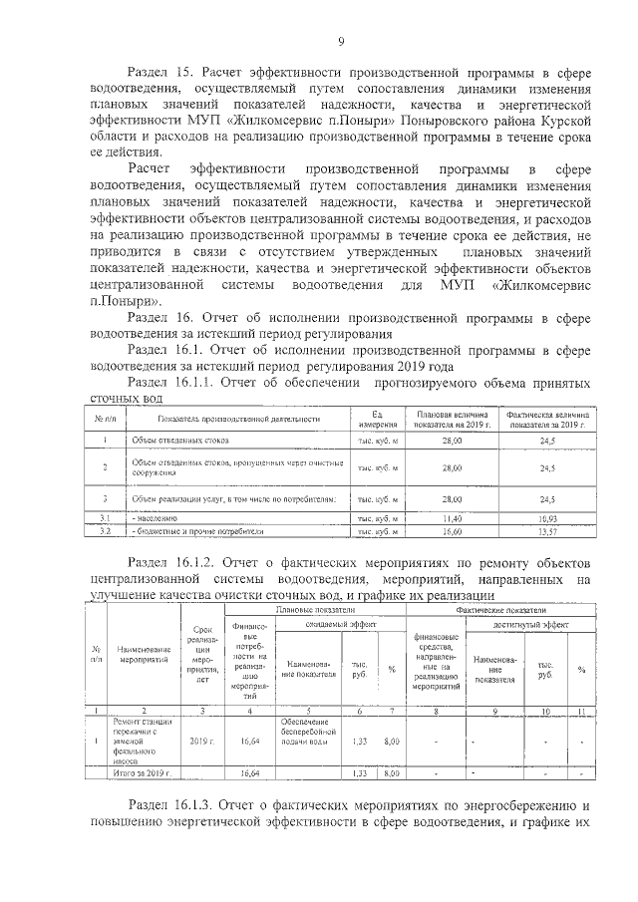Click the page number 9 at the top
click(x=341, y=41)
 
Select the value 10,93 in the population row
click(x=546, y=518)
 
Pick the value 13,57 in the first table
click(x=546, y=532)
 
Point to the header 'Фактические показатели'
click(x=501, y=608)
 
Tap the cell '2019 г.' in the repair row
click(x=202, y=742)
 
